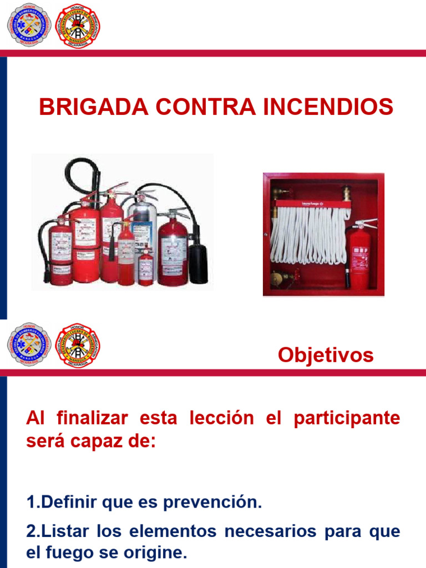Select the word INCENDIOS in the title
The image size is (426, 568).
pos(328,107)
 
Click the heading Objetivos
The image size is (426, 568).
pos(326,355)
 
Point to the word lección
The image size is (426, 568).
pos(222,418)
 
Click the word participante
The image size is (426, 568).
pos(347,418)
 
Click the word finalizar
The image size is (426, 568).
pos(92,418)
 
